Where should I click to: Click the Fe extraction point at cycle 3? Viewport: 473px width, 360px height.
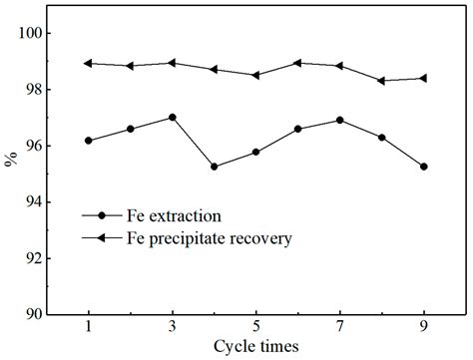coord(173,117)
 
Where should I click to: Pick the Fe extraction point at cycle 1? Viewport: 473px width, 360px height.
coord(89,141)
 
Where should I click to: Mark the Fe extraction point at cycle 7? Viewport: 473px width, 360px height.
coord(340,120)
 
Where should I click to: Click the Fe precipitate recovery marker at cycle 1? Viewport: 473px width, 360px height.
coord(89,63)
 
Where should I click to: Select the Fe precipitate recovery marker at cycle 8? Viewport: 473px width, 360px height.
coord(382,81)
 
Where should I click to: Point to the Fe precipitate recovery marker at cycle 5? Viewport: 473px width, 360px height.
coord(256,75)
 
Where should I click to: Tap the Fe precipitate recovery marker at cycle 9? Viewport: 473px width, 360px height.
coord(424,78)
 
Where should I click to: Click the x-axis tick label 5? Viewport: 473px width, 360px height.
coord(256,327)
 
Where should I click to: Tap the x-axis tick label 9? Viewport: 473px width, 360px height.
coord(424,327)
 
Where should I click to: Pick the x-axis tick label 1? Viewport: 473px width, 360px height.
coord(89,327)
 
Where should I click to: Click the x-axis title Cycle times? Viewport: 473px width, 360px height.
coord(255,348)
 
